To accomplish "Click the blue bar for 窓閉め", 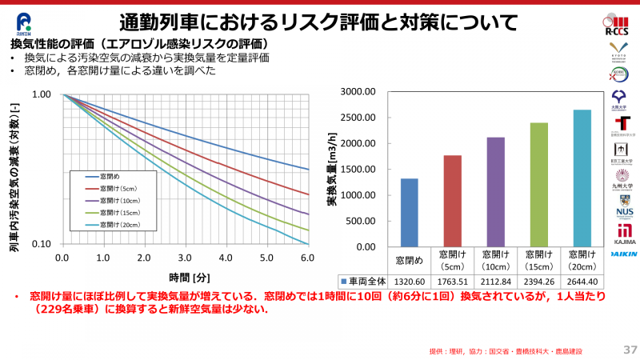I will pyautogui.click(x=409, y=212).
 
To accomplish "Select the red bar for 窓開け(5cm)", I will pyautogui.click(x=452, y=201).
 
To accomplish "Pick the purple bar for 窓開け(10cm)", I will pyautogui.click(x=495, y=192).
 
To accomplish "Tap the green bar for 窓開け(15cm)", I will pyautogui.click(x=538, y=185).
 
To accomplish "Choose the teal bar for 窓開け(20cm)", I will pyautogui.click(x=582, y=178).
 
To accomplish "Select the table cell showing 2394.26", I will pyautogui.click(x=538, y=281).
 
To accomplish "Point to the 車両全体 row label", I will pyautogui.click(x=366, y=281).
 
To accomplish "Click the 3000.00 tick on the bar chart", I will pyautogui.click(x=358, y=91).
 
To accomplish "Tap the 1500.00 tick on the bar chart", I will pyautogui.click(x=358, y=169).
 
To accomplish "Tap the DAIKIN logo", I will pyautogui.click(x=624, y=254).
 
